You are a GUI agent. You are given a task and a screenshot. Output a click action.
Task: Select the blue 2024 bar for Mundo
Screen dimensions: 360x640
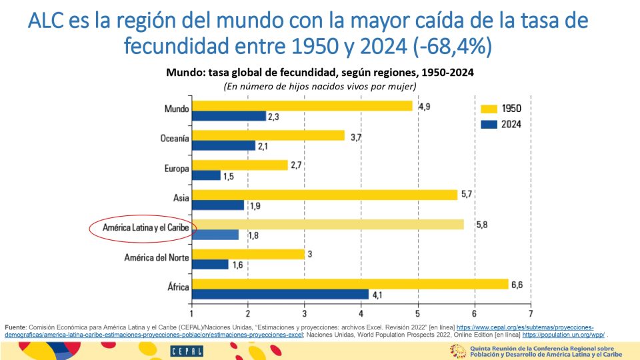tap(229, 116)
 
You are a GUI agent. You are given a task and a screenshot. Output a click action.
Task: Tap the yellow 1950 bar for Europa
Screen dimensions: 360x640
tap(239, 165)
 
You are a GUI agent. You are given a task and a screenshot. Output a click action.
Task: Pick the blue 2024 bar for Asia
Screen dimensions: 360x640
tap(217, 205)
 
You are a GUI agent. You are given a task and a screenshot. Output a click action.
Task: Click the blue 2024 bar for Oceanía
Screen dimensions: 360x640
tap(223, 145)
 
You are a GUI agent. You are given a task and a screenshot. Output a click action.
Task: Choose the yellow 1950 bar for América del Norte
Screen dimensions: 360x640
tap(248, 254)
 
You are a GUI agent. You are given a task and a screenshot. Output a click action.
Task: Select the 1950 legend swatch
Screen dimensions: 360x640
tap(490, 109)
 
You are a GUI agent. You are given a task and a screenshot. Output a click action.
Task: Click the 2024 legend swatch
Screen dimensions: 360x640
tap(490, 124)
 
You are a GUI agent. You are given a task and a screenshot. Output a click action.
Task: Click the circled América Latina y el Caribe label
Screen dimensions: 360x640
tap(145, 228)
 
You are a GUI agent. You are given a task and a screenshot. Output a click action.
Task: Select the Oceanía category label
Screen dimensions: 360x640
tap(175, 139)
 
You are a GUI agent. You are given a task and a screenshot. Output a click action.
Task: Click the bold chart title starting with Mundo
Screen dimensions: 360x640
tap(319, 73)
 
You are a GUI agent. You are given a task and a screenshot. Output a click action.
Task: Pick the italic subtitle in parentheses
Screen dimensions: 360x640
tap(319, 87)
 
